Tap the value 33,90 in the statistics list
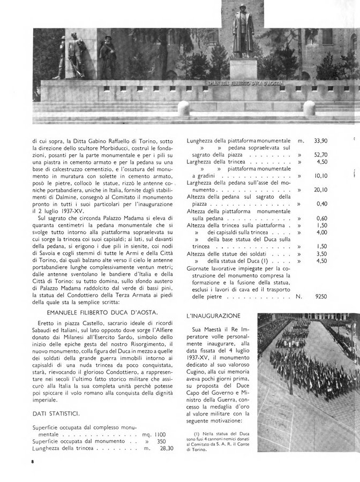click(x=320, y=141)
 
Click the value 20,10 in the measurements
click(x=320, y=190)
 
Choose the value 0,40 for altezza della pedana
click(x=320, y=204)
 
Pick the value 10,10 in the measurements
click(x=320, y=175)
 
